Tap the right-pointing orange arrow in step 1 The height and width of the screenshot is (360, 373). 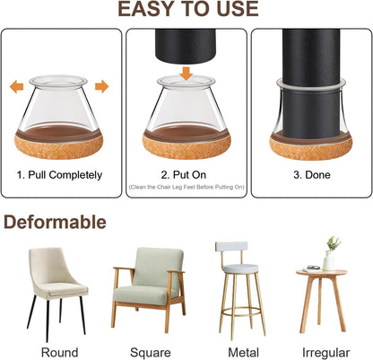point(101,87)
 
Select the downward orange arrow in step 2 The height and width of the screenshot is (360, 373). point(186,71)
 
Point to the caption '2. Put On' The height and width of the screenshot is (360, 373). point(186,174)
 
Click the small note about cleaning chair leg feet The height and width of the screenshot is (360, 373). point(186,187)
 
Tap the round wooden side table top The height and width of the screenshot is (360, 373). point(321,274)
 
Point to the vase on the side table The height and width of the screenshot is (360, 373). point(330,258)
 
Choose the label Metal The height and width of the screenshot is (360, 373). point(235,351)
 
